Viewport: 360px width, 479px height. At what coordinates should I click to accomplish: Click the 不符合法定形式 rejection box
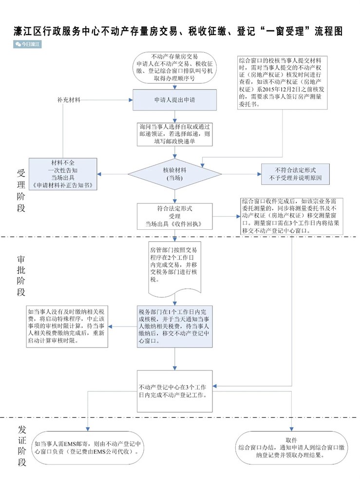[x=295, y=173]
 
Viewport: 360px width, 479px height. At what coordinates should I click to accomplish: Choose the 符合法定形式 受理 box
[x=175, y=216]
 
